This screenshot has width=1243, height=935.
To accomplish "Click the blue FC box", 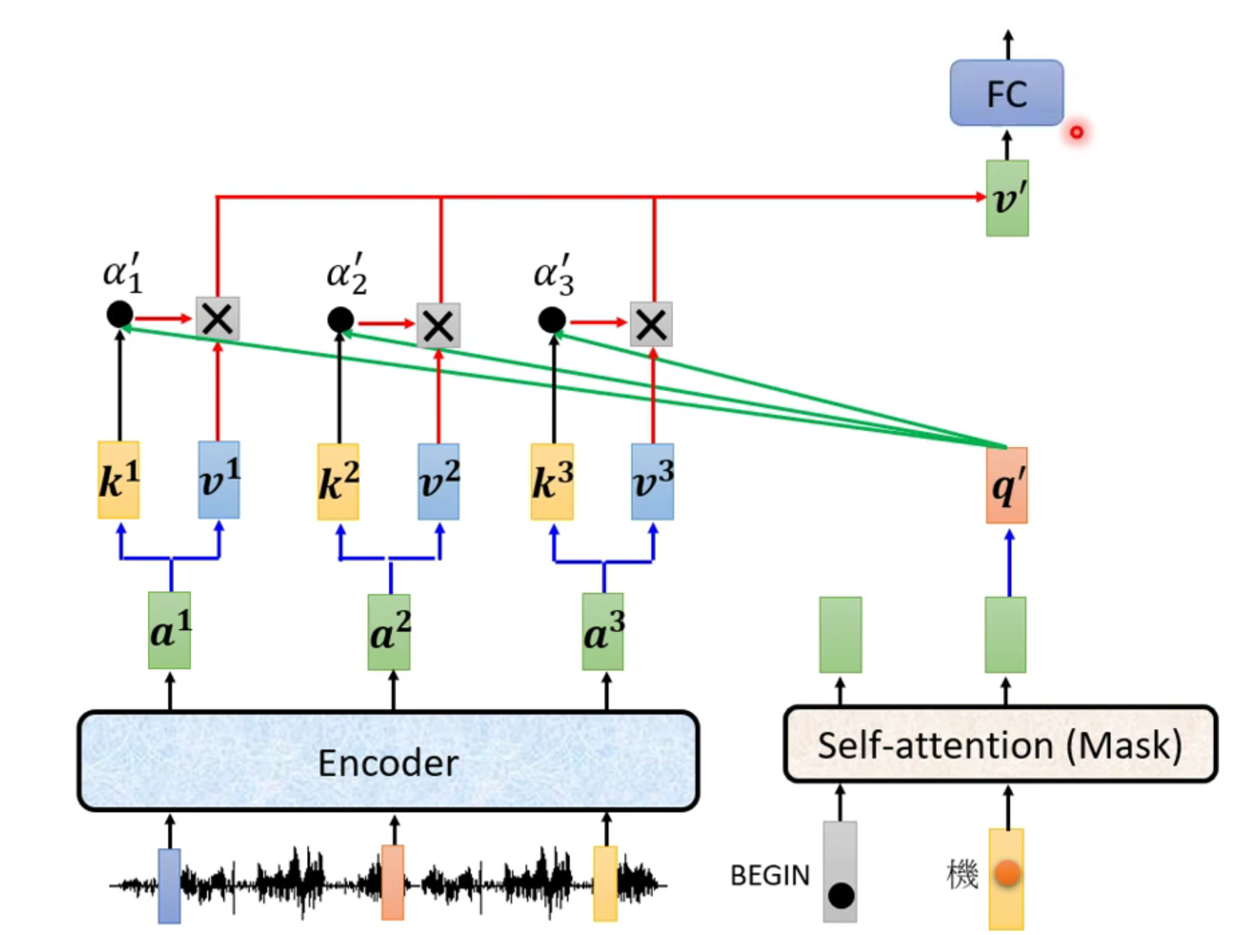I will point(1006,93).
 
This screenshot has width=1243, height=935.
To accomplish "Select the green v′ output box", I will point(1007,198).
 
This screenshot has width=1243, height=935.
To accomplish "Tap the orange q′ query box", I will point(1007,485).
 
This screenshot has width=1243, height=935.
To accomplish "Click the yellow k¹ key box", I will point(119,480).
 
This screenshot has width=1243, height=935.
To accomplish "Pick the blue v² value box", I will point(438,482).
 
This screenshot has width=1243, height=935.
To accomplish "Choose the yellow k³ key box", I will point(552,482).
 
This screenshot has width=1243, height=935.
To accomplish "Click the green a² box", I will point(389,633).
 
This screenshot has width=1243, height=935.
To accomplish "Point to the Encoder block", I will point(388,761).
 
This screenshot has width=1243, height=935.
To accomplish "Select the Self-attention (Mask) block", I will point(999,745).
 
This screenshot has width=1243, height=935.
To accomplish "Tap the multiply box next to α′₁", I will point(218,319).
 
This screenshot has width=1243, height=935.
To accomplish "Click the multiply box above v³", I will point(651,324).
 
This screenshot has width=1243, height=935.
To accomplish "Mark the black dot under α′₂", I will point(340,319).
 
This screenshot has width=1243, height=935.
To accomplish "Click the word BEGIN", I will point(769,875).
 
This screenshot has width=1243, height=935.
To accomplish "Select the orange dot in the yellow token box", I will point(1007,873).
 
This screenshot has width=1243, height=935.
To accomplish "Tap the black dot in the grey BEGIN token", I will point(841,895).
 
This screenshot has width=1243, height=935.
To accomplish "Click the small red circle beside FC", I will point(1077,132).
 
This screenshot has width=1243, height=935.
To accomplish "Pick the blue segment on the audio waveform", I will point(169,885).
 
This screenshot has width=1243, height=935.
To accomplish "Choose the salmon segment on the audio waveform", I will point(392,881).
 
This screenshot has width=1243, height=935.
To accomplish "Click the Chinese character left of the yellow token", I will point(962,874).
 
